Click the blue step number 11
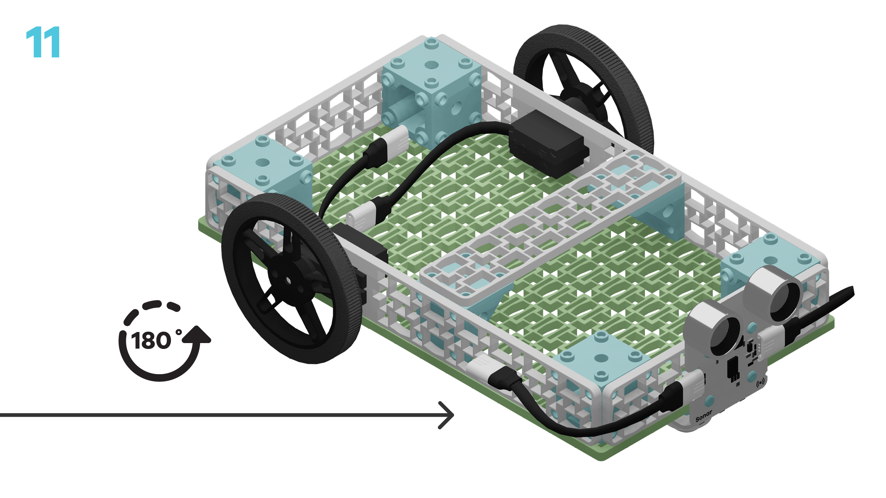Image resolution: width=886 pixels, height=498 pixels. (x=43, y=42)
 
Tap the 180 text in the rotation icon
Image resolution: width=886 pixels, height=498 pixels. (x=151, y=341)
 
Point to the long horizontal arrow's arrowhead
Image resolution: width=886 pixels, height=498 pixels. (x=446, y=415)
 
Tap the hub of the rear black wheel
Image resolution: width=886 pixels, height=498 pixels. (x=585, y=97)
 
